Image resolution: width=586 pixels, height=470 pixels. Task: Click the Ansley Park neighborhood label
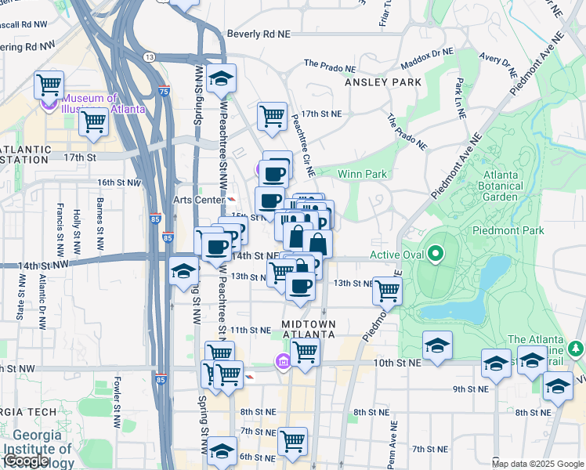point(383,82)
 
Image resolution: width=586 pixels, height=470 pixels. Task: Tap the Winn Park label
point(362,173)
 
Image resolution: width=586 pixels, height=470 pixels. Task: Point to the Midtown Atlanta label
point(309,329)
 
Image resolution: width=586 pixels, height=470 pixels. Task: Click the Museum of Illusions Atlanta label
point(103,103)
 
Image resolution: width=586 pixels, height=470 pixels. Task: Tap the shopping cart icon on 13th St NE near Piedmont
point(388,290)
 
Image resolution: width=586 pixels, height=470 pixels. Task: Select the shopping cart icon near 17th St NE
point(272,116)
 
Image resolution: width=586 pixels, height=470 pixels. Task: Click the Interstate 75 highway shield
point(163,92)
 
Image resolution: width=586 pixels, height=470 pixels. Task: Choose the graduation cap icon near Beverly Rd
point(222,78)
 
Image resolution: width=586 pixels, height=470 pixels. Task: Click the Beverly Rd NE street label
point(258,34)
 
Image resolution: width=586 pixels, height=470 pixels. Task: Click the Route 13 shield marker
point(149,57)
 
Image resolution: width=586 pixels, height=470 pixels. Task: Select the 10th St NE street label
point(402,363)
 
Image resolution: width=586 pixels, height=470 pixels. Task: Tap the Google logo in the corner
point(25,461)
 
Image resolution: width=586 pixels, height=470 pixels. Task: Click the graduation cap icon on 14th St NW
point(183,271)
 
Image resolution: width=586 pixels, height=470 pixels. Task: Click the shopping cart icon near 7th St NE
point(292,440)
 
